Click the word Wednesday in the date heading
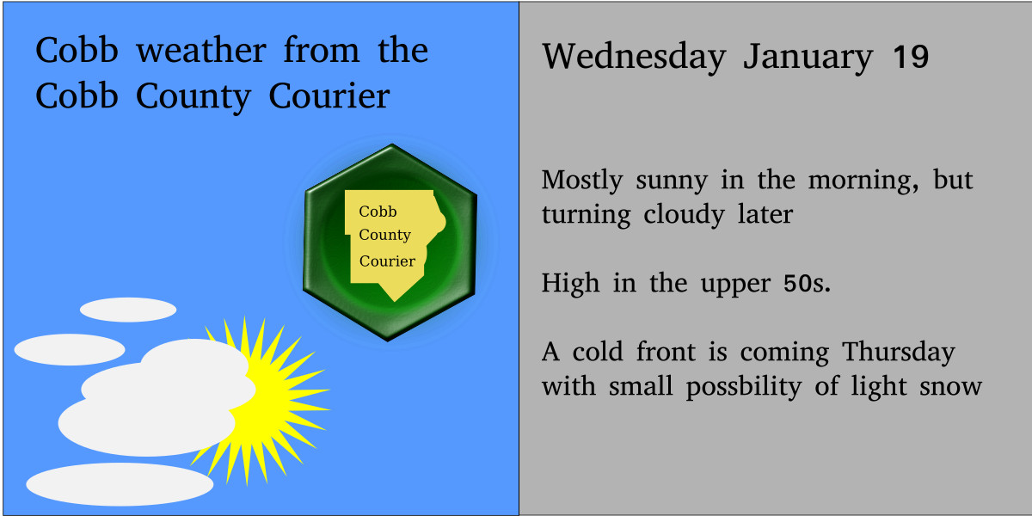(634, 58)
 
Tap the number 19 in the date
(911, 58)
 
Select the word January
(808, 58)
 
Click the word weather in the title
(203, 51)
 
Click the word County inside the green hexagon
(384, 235)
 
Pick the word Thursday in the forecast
(898, 353)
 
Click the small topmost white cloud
(128, 310)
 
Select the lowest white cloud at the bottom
(120, 484)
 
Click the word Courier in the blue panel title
(329, 95)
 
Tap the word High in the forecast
(570, 283)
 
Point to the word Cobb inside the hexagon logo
(378, 212)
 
